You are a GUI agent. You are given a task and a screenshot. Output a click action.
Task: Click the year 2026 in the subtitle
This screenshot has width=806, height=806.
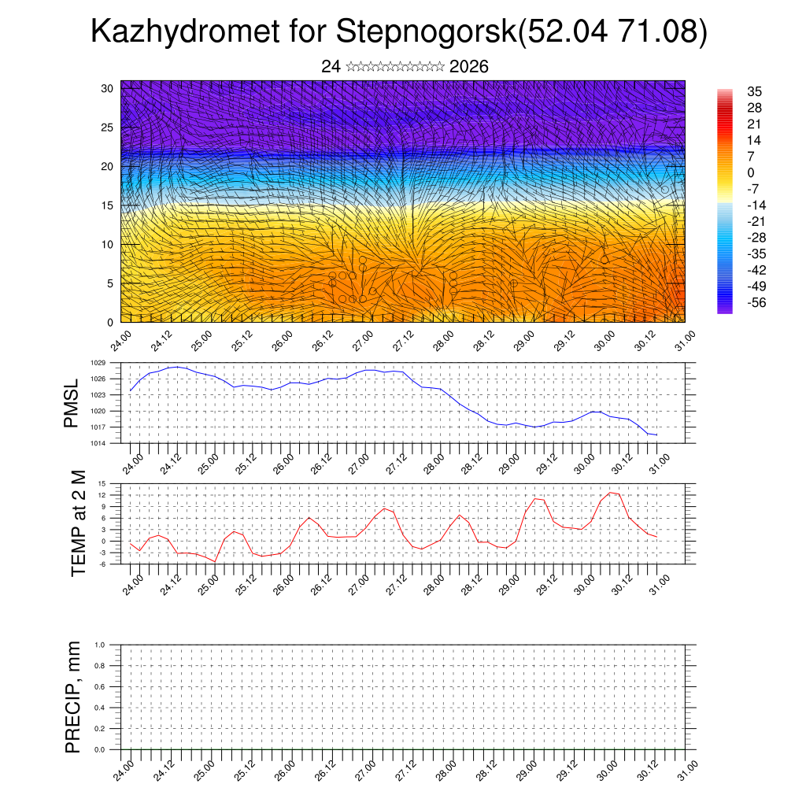pos(469,67)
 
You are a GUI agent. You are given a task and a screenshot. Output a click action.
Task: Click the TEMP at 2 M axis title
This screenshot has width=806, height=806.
pos(78,523)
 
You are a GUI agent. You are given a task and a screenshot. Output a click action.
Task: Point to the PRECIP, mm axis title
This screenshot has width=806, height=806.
pos(73,697)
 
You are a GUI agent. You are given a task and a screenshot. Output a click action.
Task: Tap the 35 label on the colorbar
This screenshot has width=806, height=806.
pos(754,91)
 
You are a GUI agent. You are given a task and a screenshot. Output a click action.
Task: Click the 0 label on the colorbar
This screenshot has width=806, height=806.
pos(751,172)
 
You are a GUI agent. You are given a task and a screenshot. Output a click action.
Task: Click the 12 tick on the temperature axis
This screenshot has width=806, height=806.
pos(102,495)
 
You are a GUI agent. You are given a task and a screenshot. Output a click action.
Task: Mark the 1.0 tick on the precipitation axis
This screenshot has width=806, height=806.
pos(100,645)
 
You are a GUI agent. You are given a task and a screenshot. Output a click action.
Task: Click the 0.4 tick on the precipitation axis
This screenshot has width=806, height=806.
pos(100,708)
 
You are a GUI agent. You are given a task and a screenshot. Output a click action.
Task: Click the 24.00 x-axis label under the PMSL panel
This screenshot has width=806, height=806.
pos(133,463)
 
